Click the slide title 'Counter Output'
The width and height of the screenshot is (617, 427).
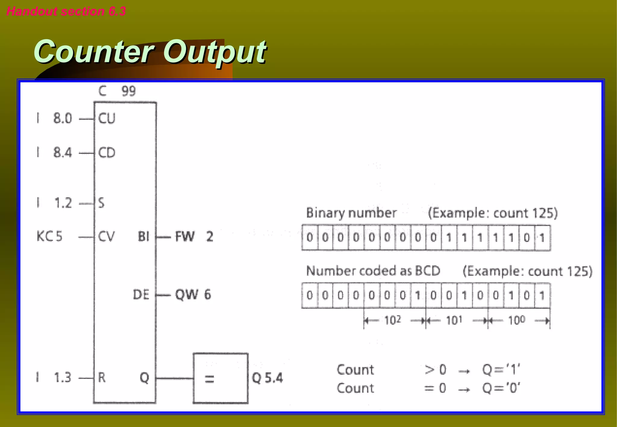pos(150,52)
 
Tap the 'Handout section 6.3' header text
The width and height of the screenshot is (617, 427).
pos(66,11)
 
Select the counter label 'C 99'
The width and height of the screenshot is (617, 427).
pos(117,91)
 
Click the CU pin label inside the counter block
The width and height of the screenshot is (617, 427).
pos(107,119)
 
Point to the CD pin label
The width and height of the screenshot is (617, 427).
pos(107,153)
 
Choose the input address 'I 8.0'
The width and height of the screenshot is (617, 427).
pos(54,118)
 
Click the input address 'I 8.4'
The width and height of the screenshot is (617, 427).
pos(54,153)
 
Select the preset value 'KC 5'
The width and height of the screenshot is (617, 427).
pos(49,236)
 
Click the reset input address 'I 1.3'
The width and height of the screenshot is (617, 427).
pos(54,378)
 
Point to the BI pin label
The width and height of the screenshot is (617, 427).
pos(143,237)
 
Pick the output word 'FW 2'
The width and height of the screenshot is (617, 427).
pos(194,237)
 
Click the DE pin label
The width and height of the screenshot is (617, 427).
pos(141,295)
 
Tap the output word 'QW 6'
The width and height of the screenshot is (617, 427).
pos(193,295)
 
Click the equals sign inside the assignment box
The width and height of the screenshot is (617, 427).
pos(209,379)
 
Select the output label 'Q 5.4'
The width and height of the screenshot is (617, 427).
pos(267,378)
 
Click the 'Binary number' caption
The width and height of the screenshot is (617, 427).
pos(351,213)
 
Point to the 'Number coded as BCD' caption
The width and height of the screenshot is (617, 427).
pos(373,271)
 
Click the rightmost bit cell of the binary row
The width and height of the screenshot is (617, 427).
pos(542,238)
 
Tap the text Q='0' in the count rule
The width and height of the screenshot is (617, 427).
pos(501,388)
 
